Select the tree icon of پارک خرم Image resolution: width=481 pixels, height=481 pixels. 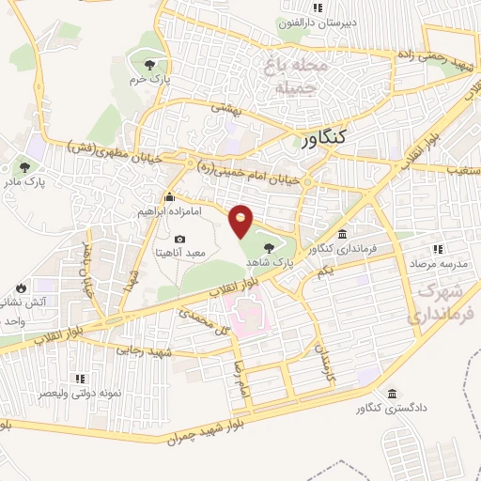pyautogui.click(x=150, y=64)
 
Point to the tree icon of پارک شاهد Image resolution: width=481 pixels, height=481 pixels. pyautogui.click(x=271, y=247)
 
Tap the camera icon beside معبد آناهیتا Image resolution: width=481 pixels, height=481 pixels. pyautogui.click(x=180, y=240)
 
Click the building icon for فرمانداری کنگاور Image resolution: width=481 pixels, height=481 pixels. pyautogui.click(x=341, y=233)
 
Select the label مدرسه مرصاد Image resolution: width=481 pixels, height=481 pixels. pyautogui.click(x=436, y=264)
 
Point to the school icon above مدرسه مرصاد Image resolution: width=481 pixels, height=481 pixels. pyautogui.click(x=436, y=249)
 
